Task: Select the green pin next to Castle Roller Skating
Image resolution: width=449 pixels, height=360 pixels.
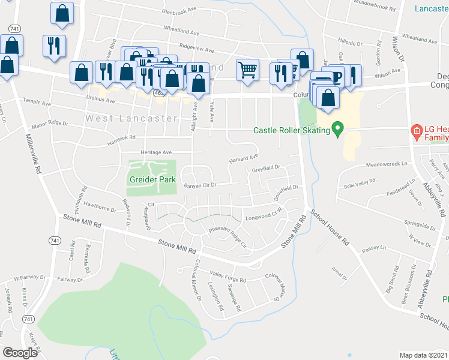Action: coord(338,129)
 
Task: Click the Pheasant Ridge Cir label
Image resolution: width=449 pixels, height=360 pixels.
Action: coord(228,237)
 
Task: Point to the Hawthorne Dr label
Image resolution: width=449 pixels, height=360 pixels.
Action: coord(100,208)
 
